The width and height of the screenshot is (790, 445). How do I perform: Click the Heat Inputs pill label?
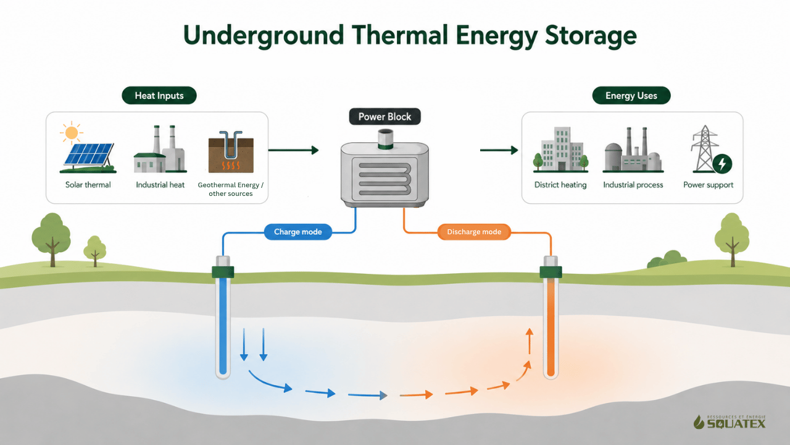[x=159, y=95]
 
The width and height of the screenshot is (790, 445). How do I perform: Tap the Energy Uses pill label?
[x=631, y=95]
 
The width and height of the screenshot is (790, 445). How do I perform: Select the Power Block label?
[x=385, y=117]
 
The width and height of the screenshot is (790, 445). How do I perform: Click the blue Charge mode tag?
[x=298, y=232]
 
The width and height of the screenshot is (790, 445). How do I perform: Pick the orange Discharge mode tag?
[x=474, y=232]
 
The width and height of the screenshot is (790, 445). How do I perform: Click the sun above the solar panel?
[x=72, y=133]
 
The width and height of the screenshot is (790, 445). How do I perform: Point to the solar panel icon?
[x=88, y=158]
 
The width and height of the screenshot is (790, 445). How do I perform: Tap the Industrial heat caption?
[x=160, y=185]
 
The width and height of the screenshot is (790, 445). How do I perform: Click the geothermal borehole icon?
[x=231, y=152]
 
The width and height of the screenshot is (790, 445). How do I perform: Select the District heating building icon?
[x=561, y=150]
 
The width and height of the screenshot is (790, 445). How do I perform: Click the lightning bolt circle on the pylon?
[x=722, y=164]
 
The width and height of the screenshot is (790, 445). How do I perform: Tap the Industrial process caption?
[x=633, y=185]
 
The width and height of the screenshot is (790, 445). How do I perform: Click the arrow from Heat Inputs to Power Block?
[x=293, y=150]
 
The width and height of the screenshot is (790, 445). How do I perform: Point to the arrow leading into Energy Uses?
[x=499, y=150]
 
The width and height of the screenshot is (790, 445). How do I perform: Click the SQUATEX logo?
[x=730, y=422]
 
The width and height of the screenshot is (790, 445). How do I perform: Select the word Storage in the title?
[x=591, y=36]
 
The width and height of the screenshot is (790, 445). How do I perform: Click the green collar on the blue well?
[x=223, y=272]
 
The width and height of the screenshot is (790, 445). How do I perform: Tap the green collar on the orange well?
[x=551, y=272]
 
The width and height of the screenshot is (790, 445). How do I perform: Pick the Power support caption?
[x=708, y=185]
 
